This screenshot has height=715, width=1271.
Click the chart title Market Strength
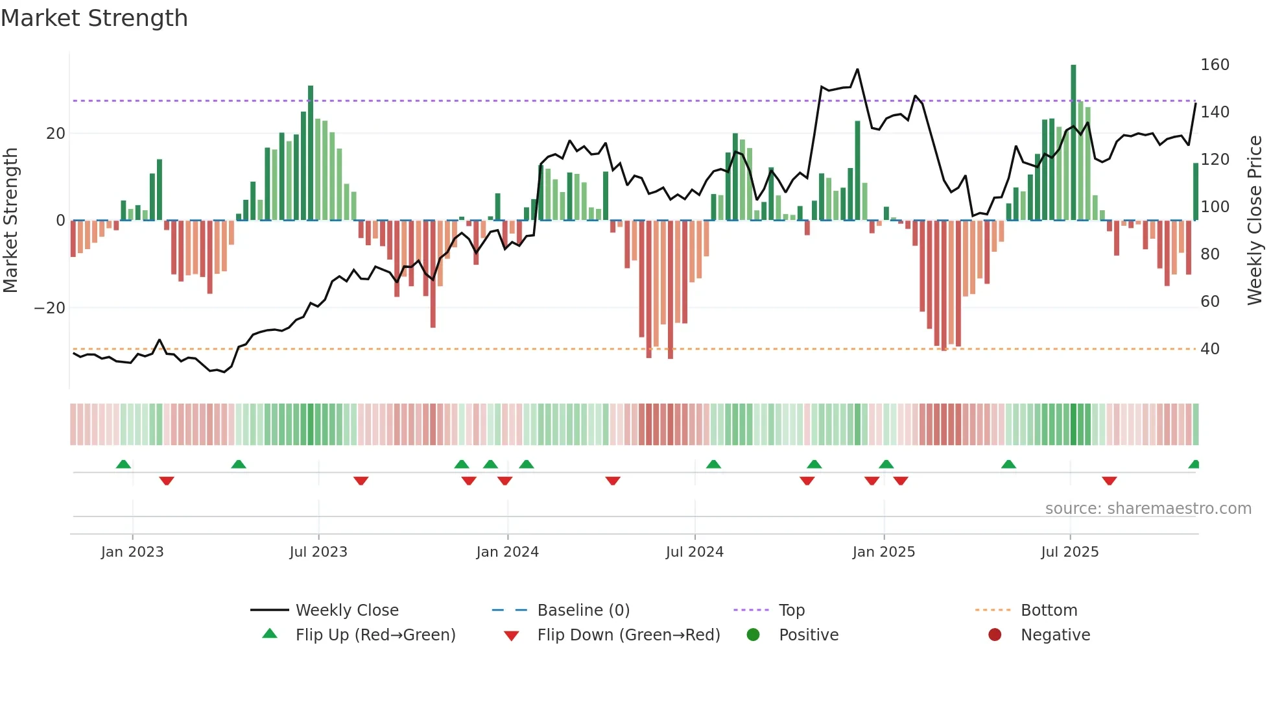click(x=94, y=18)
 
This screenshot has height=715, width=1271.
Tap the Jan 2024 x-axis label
click(x=507, y=552)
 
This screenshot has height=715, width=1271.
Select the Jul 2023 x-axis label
click(x=318, y=552)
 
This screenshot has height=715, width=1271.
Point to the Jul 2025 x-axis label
click(x=1070, y=552)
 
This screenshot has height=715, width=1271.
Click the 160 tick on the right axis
click(x=1215, y=65)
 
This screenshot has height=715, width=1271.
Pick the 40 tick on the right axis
click(x=1210, y=349)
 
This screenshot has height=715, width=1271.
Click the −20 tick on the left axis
click(x=50, y=308)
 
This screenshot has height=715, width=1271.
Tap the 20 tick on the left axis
click(x=56, y=134)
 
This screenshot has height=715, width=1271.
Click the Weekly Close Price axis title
click(x=1255, y=221)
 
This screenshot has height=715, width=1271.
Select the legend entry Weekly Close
click(x=347, y=611)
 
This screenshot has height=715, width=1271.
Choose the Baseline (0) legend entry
click(x=583, y=611)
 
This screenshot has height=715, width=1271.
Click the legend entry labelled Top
click(x=791, y=611)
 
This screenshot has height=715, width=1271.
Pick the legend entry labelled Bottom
click(x=1049, y=611)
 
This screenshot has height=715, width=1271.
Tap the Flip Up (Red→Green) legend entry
click(x=375, y=635)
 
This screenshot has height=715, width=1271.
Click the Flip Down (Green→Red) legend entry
click(x=628, y=635)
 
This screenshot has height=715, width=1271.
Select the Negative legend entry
click(x=1055, y=635)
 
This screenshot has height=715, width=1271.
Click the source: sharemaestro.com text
click(x=1148, y=509)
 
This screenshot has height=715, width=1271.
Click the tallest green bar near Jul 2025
click(x=1073, y=143)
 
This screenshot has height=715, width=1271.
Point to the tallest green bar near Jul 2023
click(x=311, y=152)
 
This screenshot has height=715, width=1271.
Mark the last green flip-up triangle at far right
click(x=1194, y=465)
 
